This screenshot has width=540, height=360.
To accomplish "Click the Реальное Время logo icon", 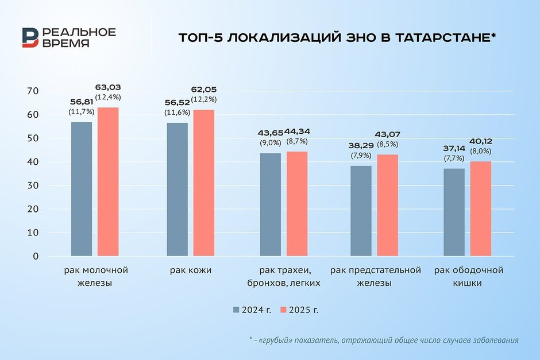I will [29, 37].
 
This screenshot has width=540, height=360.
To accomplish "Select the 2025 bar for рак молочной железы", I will [108, 181].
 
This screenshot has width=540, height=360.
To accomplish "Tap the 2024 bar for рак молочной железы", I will [81, 189].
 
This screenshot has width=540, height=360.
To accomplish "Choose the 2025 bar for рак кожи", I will [203, 183].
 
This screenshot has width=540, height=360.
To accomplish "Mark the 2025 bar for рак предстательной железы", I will [387, 205].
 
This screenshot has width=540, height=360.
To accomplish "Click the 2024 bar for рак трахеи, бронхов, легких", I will [270, 204].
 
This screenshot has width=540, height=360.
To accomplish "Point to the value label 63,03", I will [108, 87].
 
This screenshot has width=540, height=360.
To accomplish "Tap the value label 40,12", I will [481, 141].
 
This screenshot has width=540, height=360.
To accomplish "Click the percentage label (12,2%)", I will [203, 99].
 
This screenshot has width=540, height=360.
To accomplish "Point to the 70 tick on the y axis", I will [32, 91].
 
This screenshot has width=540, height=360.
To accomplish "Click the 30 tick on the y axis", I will [32, 185].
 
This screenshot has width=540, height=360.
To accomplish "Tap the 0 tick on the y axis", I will [35, 256].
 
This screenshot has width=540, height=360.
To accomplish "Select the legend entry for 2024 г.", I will [253, 309].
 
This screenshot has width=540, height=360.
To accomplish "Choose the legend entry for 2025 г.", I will [300, 309].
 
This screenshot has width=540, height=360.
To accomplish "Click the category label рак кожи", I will [191, 270].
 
